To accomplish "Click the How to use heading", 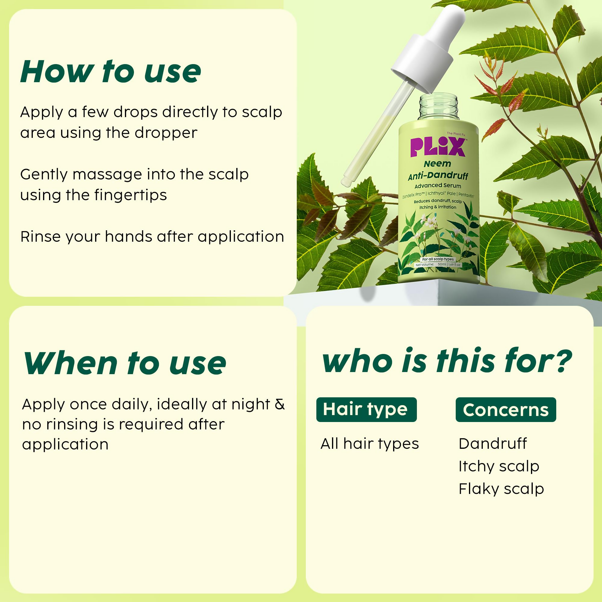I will tap(110, 72).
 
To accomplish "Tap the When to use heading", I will tap(125, 363).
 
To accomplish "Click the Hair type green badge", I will tap(366, 409).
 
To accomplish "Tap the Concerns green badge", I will tap(505, 410).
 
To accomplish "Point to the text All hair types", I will tap(370, 443).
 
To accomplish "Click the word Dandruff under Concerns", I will tap(492, 443).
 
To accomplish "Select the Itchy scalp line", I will tap(498, 466).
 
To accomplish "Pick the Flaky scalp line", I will tap(501, 489).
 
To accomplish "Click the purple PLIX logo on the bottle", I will tap(438, 147).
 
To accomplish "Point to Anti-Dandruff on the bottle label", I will tap(438, 176).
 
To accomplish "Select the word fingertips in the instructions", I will tap(131, 195).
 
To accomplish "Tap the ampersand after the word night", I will tap(280, 404).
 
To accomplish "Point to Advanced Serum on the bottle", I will tap(438, 186).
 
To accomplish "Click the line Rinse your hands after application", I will tap(152, 237).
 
